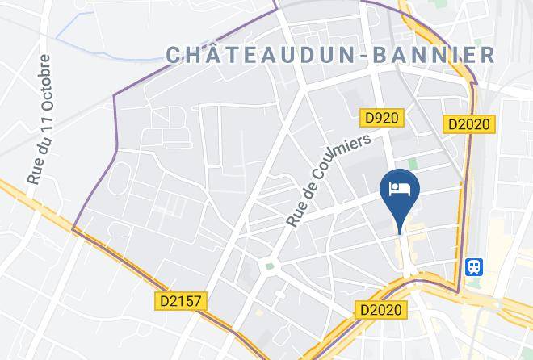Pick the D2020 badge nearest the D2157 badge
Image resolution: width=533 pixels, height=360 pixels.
(382, 309)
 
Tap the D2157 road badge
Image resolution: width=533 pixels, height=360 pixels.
(181, 301)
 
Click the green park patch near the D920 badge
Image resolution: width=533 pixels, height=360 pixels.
(413, 164)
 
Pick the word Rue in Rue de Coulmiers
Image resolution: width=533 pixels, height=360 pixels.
(296, 215)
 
